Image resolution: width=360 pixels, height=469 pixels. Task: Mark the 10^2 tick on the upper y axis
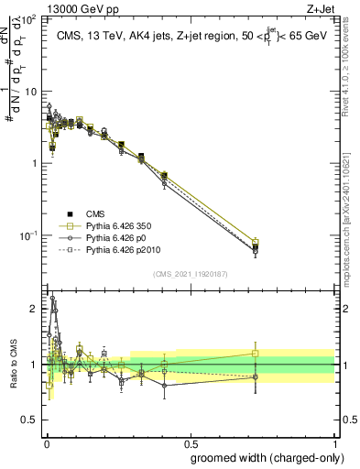[29, 19]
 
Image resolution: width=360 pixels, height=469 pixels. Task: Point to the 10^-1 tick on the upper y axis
[29, 235]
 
